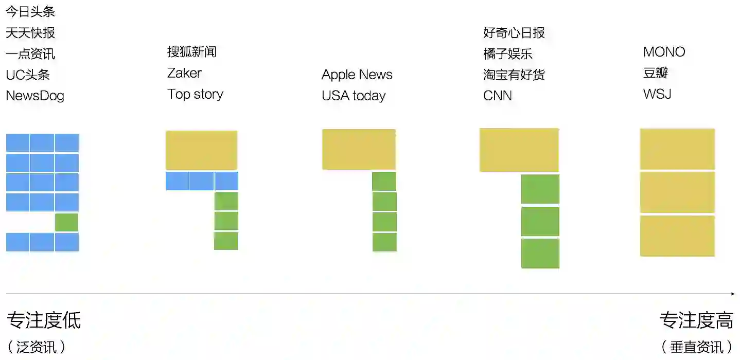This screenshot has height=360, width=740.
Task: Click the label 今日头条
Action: coord(30,11)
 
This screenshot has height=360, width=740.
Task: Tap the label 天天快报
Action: coord(30,33)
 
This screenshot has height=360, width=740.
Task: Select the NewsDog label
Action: coord(35,96)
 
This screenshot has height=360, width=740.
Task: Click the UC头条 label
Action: coord(28,75)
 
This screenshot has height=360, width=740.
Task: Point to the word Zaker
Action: coord(184,73)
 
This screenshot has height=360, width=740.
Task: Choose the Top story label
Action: coord(195,94)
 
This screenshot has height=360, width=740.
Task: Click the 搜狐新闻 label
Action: coord(191,51)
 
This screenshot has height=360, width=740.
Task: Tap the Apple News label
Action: coord(357,75)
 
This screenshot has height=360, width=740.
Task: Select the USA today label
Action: coord(354,96)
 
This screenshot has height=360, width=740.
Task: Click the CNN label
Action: coord(497,96)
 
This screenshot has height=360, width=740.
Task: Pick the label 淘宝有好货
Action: coord(514,75)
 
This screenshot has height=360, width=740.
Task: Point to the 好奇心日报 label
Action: coord(514,33)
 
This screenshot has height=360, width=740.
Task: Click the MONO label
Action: coord(664,52)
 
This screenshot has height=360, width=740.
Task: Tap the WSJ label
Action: coord(657,94)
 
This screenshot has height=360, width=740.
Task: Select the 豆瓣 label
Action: coord(655,73)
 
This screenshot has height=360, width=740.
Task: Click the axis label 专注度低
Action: coord(44,320)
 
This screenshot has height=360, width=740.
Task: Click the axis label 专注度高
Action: coord(696,320)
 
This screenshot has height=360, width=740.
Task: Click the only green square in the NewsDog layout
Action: coord(67,222)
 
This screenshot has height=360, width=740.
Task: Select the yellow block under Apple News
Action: coord(359,149)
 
